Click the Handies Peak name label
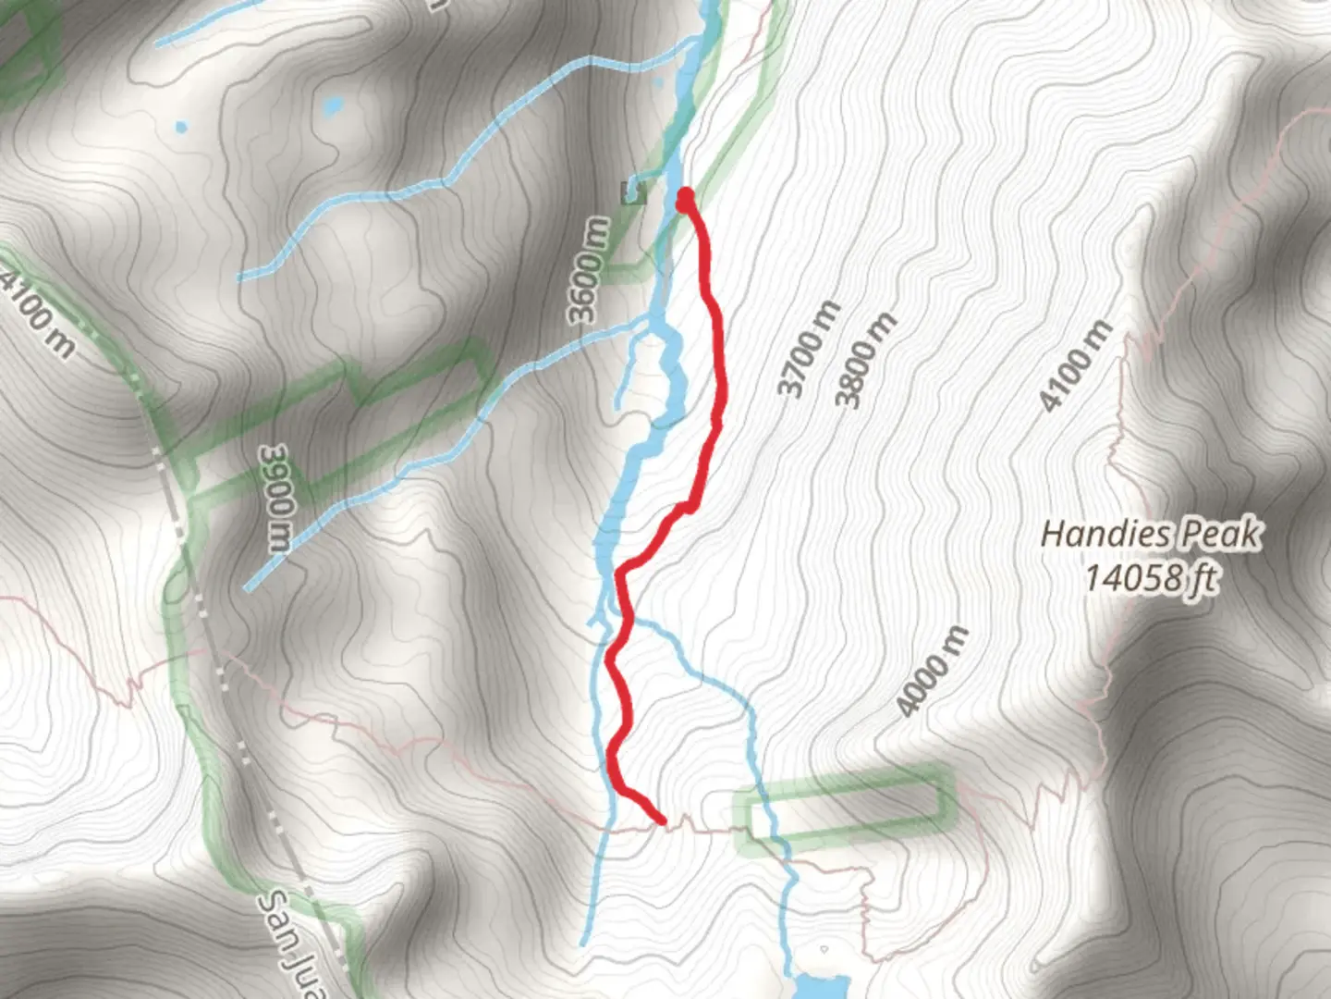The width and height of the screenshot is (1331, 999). click(x=1151, y=534)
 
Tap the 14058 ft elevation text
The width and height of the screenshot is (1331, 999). click(x=1151, y=579)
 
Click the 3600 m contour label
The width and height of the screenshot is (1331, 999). click(x=591, y=269)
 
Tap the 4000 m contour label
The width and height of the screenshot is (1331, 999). click(x=933, y=671)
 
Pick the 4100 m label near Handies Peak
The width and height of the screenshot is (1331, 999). click(x=1075, y=365)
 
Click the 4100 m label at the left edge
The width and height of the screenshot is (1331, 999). click(x=37, y=311)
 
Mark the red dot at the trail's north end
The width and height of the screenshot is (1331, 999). click(x=686, y=197)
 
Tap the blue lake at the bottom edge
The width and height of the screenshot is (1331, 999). click(x=818, y=985)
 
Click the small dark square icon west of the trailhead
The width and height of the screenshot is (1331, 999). click(x=633, y=191)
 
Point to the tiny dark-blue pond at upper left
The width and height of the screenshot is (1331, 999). click(x=180, y=125)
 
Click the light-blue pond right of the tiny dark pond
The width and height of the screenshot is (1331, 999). click(x=330, y=106)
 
